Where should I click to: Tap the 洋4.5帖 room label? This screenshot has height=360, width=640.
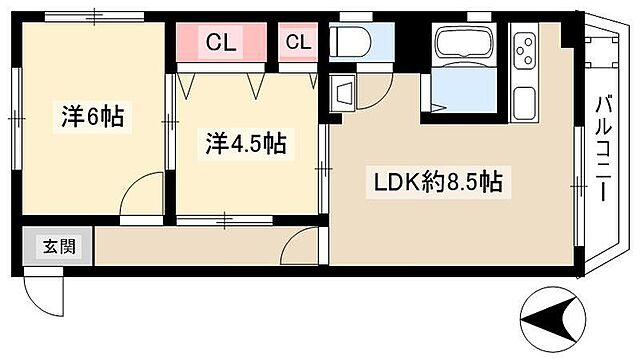pyautogui.click(x=246, y=144)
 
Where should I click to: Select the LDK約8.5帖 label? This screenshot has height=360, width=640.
pyautogui.click(x=437, y=183)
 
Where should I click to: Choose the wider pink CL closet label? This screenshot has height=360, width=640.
pyautogui.click(x=221, y=42)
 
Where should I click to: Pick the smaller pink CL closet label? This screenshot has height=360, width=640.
pyautogui.click(x=298, y=42)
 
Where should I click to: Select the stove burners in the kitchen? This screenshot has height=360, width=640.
pyautogui.click(x=526, y=48)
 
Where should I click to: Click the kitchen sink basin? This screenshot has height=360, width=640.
pyautogui.click(x=526, y=100)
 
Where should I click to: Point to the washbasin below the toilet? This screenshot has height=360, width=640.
pyautogui.click(x=342, y=93)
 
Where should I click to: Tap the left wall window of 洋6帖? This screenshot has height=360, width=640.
pyautogui.click(x=15, y=117)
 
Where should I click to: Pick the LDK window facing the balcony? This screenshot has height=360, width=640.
pyautogui.click(x=580, y=186)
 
